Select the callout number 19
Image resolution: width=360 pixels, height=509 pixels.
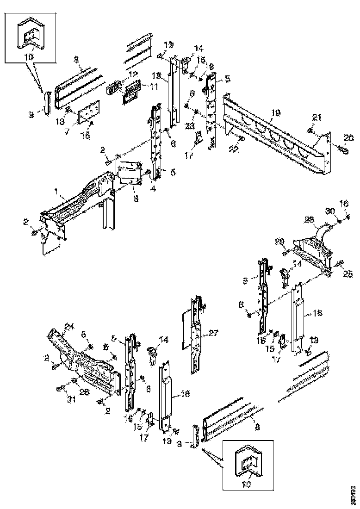276,112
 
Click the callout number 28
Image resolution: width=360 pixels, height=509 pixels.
309,219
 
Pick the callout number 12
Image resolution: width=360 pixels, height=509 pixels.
133,74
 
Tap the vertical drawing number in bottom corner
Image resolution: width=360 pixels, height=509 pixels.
353,495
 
